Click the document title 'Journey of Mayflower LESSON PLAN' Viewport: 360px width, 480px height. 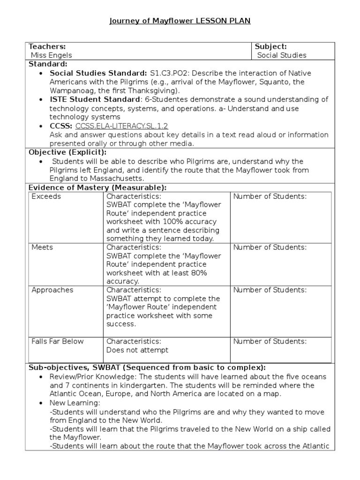180,21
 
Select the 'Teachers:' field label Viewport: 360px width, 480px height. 47,46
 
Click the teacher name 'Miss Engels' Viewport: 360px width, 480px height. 51,55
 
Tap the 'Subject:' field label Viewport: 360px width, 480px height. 270,46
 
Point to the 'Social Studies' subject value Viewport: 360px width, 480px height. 282,55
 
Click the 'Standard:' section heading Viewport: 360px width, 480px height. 48,64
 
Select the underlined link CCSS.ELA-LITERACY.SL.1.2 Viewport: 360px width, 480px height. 121,126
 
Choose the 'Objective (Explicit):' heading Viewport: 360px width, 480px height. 67,152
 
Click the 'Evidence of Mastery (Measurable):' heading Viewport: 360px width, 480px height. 97,187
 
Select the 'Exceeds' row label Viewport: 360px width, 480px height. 46,196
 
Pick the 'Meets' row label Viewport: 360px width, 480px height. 42,247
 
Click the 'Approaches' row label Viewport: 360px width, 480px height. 52,290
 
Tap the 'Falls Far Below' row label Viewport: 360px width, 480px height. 57,341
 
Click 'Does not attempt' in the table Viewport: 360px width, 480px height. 137,350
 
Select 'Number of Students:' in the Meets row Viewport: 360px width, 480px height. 270,247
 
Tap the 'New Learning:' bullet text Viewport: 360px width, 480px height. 75,403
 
